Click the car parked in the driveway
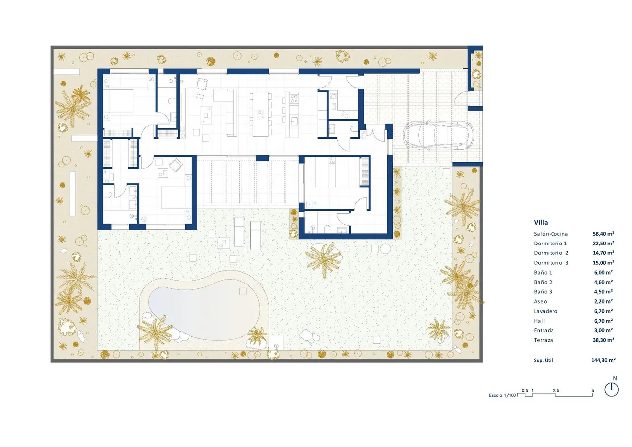[438, 135]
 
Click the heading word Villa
[541, 222]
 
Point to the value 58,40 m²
[603, 234]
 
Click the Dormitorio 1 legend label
[550, 243]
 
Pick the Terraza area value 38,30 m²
[603, 340]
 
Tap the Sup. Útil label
[543, 360]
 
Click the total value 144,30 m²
[603, 360]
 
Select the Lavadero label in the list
[546, 311]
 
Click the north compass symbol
[612, 390]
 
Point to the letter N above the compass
[615, 378]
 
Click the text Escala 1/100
[503, 395]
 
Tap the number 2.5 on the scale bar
[556, 391]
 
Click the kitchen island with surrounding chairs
[260, 114]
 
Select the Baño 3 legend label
[543, 292]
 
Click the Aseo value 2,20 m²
[603, 301]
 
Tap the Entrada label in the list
[544, 330]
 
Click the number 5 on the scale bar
[593, 391]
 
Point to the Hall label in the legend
[539, 321]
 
